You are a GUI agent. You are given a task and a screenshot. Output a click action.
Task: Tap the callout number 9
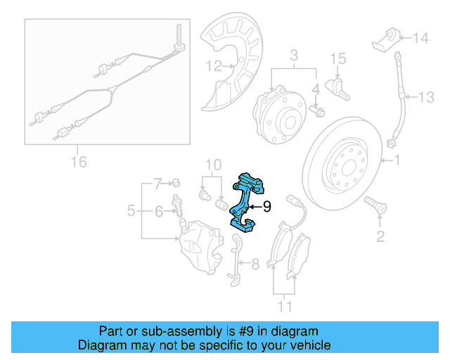pyautogui.click(x=266, y=207)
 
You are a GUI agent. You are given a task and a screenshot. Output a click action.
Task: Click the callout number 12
pyautogui.click(x=213, y=67)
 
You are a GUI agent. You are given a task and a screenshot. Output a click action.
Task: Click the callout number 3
pyautogui.click(x=295, y=55)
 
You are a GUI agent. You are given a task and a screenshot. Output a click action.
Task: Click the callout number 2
pyautogui.click(x=380, y=237)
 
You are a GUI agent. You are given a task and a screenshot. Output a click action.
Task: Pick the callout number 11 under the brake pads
pyautogui.click(x=284, y=306)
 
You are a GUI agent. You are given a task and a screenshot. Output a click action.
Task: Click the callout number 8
pyautogui.click(x=255, y=264)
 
